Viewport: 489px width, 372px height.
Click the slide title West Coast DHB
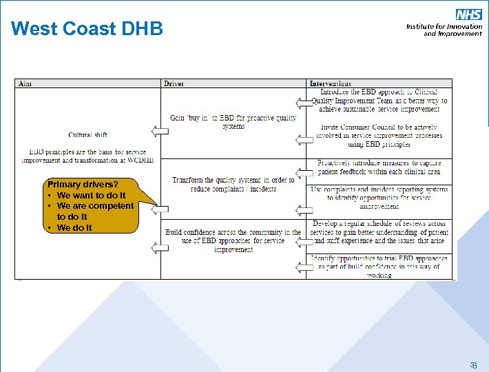(87, 29)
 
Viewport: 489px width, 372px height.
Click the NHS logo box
(468, 14)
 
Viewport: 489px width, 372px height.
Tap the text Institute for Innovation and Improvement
(444, 30)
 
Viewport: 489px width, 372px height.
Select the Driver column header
(174, 84)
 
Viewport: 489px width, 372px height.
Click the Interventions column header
(331, 84)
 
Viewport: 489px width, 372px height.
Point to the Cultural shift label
(87, 134)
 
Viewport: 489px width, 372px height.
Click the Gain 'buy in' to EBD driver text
(233, 122)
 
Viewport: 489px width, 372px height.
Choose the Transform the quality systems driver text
(233, 184)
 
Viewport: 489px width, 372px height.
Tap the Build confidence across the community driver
(233, 240)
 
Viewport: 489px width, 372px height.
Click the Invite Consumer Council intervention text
(379, 136)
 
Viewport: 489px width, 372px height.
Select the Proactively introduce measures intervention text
(379, 167)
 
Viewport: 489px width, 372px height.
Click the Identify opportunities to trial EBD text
(379, 267)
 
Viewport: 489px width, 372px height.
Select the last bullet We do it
(74, 227)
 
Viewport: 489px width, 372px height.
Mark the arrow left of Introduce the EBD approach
(302, 103)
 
